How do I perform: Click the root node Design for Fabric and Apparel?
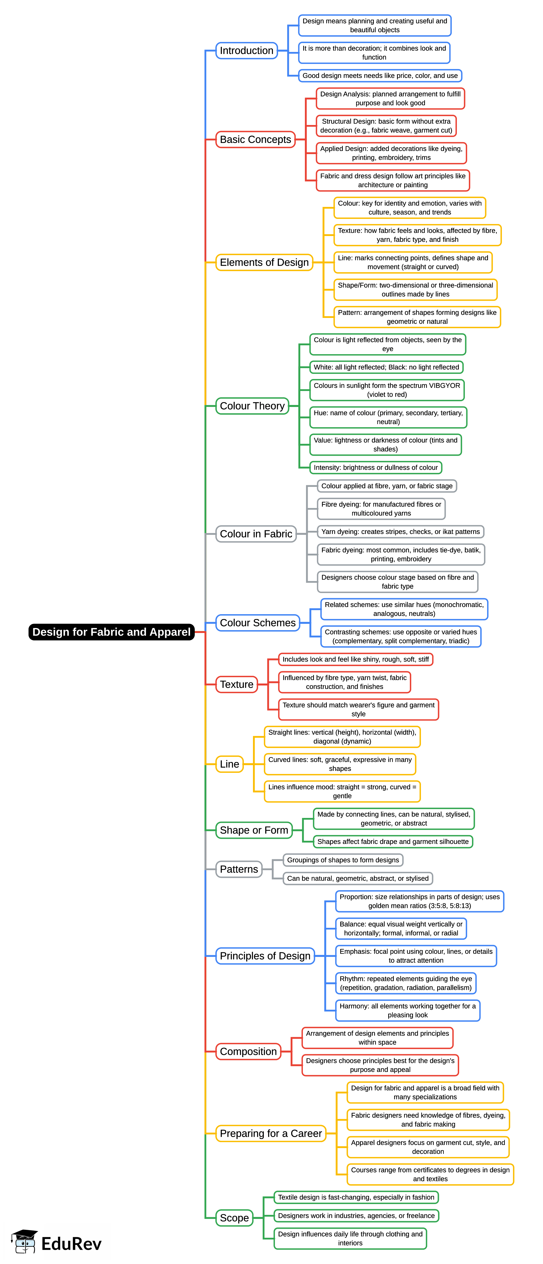(x=111, y=632)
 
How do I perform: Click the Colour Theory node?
(x=252, y=406)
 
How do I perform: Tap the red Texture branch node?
(x=236, y=684)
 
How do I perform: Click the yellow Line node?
(x=230, y=764)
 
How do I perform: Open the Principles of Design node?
(x=265, y=956)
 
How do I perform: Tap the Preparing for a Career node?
(x=271, y=1134)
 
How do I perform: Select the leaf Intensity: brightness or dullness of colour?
(x=375, y=468)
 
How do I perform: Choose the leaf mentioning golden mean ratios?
(x=420, y=901)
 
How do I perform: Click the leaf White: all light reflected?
(x=386, y=367)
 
